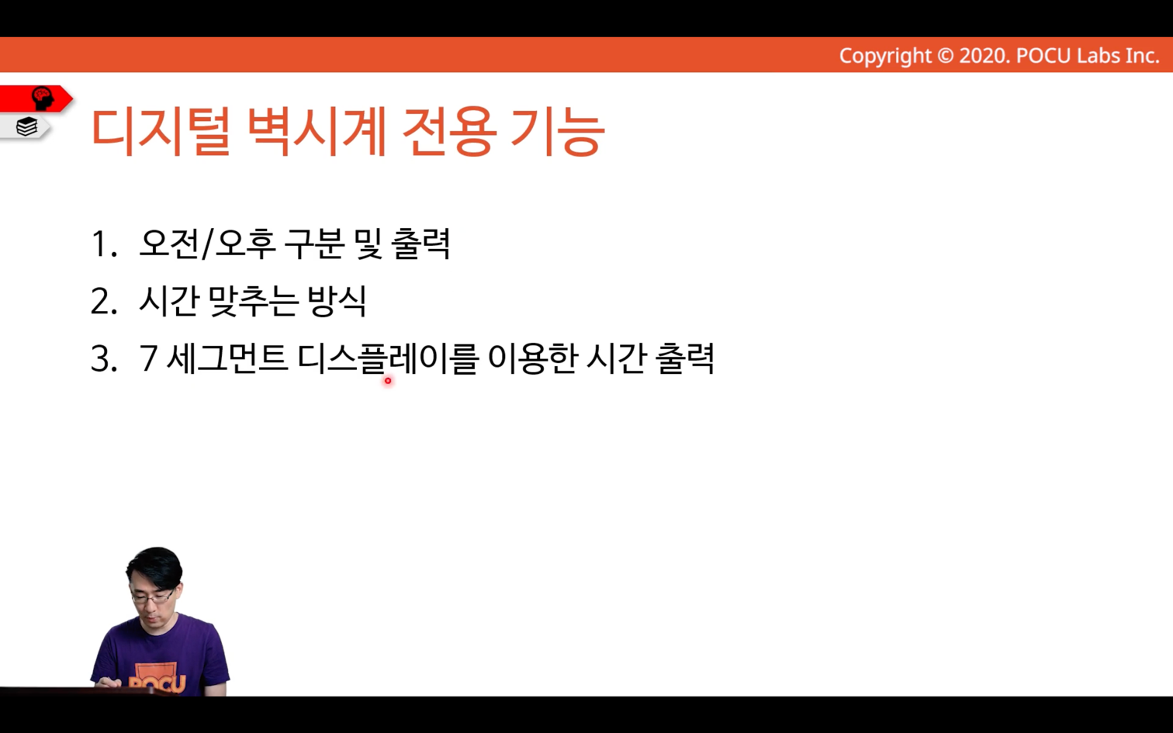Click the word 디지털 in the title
coord(161,131)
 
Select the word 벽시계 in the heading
coord(317,131)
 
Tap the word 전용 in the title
coord(448,131)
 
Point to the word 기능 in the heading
coord(558,131)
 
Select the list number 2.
coord(104,302)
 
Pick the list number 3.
coord(104,359)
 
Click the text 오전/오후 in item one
coord(207,244)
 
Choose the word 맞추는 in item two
coord(254,302)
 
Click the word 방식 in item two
coord(337,302)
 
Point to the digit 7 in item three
coord(149,359)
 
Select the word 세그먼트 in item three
coord(227,358)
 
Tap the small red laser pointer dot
coord(388,381)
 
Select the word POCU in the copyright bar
coord(1043,56)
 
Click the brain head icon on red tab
coord(43,99)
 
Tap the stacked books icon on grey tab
coord(26,126)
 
